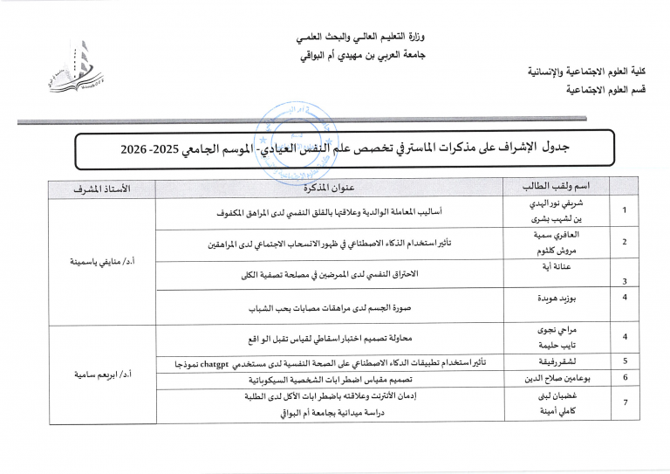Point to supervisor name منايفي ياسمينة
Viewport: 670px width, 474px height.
click(x=102, y=261)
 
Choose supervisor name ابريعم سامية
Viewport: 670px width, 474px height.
click(x=102, y=375)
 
